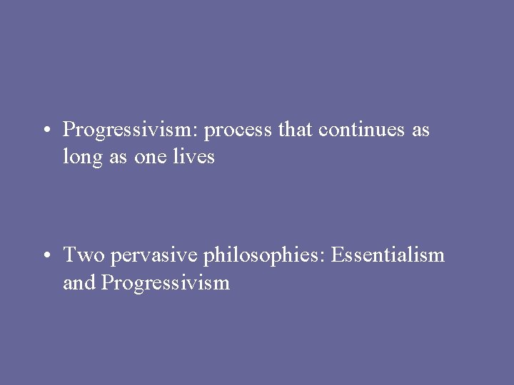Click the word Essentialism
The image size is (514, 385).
(386, 255)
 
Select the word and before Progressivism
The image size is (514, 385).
(79, 282)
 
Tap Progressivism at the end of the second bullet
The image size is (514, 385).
(166, 283)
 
